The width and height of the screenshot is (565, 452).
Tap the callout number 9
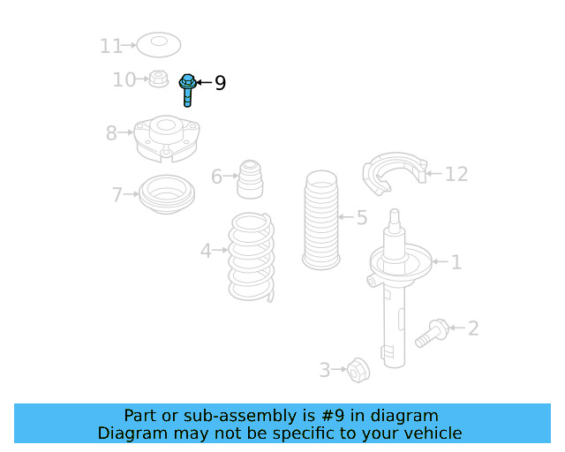coord(220,83)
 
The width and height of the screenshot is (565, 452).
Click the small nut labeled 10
coord(158,79)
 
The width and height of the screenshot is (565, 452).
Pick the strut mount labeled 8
coord(166,139)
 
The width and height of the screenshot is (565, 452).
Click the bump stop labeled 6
coord(250,179)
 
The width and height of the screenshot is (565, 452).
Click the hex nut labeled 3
coord(357,369)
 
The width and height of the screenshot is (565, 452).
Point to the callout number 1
coord(456,262)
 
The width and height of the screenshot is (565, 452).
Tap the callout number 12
coord(456,175)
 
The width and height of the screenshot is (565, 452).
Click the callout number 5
coord(362,217)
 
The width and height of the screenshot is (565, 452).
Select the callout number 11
coord(111,45)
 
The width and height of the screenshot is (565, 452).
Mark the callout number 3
coord(325,371)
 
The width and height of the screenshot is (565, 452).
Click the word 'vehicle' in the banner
coord(431,433)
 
